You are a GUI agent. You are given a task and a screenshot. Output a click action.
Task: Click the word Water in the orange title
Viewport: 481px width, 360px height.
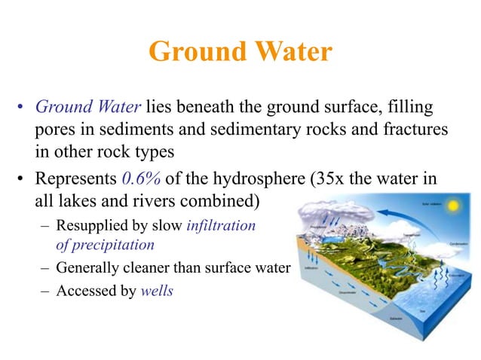(290, 52)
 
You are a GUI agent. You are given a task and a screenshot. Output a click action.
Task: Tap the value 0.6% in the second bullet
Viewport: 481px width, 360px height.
(139, 182)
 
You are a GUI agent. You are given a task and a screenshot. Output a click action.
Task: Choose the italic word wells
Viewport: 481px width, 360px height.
(157, 290)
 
